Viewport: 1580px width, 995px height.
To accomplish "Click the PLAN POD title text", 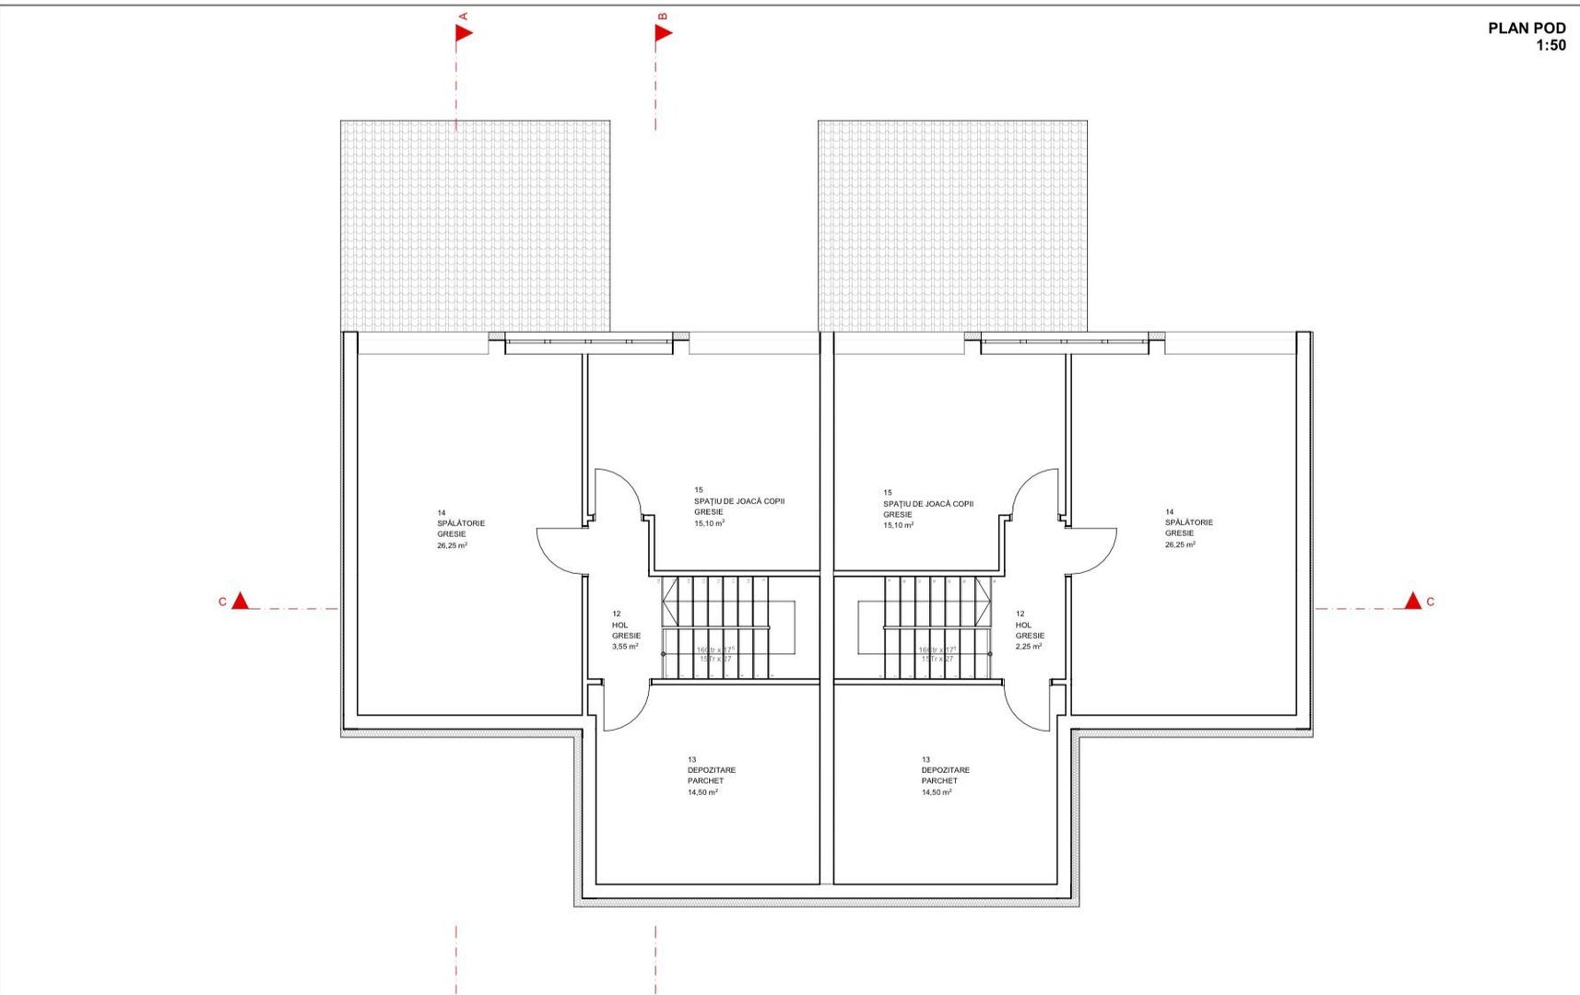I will [1526, 29].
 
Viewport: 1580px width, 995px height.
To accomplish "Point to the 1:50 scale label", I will [1550, 45].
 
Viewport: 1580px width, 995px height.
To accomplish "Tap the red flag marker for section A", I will [464, 33].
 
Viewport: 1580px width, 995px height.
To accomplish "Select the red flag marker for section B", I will [664, 33].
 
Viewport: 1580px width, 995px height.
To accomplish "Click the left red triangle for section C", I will [240, 602].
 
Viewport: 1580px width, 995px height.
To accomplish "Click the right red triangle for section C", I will [1412, 602].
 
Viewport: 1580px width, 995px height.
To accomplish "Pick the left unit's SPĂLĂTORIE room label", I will [461, 523].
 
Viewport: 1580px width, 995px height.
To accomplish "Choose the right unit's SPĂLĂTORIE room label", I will [1189, 522].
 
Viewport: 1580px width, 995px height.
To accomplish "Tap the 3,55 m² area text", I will [625, 647].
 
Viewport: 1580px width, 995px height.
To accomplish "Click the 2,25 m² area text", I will [1029, 647].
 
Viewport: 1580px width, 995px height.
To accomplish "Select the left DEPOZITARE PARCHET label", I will [711, 776].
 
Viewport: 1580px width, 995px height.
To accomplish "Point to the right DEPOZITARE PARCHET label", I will [945, 776].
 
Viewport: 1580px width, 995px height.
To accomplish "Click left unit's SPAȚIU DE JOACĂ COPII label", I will [739, 502].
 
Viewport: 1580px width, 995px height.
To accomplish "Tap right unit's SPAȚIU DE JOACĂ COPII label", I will [928, 505].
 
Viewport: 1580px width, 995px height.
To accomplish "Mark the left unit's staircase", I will [715, 628].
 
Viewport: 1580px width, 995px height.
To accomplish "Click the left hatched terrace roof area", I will [475, 226].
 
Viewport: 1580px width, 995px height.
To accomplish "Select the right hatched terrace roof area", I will [952, 226].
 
